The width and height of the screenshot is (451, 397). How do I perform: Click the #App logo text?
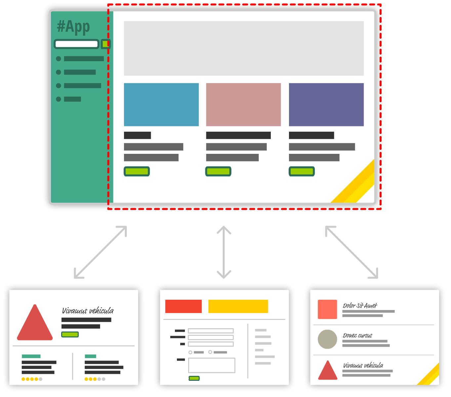[73, 27]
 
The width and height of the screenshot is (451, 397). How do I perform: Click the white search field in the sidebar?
[76, 44]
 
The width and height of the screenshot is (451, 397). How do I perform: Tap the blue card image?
[161, 105]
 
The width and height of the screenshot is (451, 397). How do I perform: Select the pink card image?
[243, 105]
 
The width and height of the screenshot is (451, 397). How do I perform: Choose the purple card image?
[326, 105]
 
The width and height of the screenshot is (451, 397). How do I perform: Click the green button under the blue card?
[137, 171]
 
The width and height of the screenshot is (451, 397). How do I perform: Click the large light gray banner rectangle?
[244, 48]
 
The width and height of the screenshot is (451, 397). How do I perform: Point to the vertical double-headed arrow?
[224, 252]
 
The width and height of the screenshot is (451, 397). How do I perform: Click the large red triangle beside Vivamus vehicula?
[35, 322]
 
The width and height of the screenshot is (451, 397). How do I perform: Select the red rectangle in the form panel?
[184, 306]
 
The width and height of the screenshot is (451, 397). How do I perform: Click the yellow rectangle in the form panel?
[238, 306]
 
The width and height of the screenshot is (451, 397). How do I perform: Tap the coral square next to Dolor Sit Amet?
[327, 309]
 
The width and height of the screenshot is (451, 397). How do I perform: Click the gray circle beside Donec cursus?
[327, 339]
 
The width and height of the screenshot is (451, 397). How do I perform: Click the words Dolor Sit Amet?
[360, 305]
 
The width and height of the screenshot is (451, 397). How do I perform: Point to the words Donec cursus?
[357, 335]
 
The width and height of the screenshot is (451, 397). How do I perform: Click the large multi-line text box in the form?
[212, 365]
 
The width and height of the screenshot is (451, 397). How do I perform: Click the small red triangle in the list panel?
[327, 370]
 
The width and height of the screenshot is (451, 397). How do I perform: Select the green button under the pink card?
[218, 171]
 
